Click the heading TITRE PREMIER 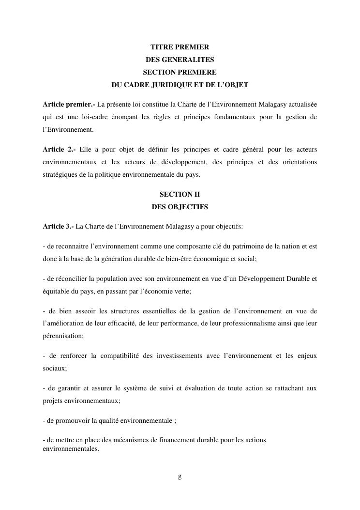tap(180, 47)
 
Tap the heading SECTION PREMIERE tap(180, 72)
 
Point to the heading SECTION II tap(180, 194)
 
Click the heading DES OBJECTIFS tap(180, 206)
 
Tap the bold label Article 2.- tap(59, 149)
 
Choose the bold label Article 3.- tap(58, 226)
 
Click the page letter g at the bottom tap(180, 476)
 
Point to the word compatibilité tap(120, 356)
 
